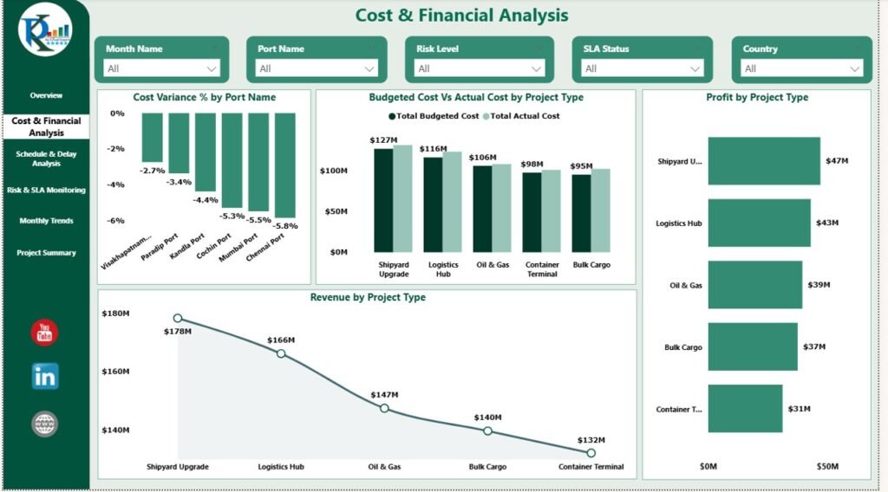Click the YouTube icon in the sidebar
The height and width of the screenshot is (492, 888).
[45, 332]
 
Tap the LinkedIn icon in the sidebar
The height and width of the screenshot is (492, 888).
[45, 376]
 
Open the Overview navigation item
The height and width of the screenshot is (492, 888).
[46, 95]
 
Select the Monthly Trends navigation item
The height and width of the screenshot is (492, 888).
[46, 221]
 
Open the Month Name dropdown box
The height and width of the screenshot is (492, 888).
[161, 68]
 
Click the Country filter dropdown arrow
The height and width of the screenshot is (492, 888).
[855, 68]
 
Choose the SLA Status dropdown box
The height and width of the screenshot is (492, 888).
[643, 68]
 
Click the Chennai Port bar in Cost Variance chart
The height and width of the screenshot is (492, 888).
[285, 165]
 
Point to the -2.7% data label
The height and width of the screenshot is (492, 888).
[153, 171]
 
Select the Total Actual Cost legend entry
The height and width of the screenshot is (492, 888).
[525, 116]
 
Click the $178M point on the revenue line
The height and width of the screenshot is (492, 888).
[178, 319]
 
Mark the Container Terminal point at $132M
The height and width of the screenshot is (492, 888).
[591, 452]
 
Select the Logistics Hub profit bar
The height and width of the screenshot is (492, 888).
[759, 223]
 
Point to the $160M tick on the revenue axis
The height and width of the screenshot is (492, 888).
[115, 372]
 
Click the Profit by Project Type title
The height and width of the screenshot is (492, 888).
[756, 98]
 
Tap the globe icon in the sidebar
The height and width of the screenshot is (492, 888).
[45, 424]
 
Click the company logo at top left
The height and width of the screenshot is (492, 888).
[45, 33]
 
